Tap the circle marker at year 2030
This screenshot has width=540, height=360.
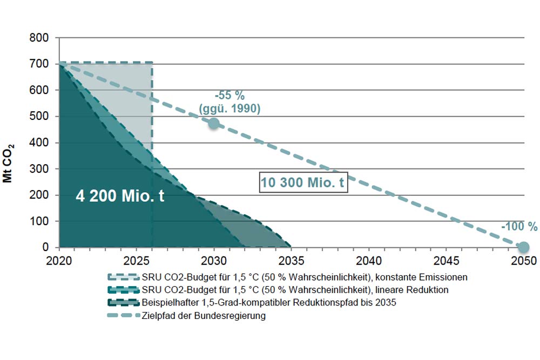click(214, 124)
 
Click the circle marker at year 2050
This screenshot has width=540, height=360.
click(523, 247)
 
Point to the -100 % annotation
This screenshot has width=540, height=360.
click(519, 227)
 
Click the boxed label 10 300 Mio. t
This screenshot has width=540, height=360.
click(302, 184)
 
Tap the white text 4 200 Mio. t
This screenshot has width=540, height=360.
click(120, 195)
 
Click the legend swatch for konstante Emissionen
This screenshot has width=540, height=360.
click(121, 277)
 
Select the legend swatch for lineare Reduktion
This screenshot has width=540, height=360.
click(121, 290)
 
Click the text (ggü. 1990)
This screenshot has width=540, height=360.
click(230, 108)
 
